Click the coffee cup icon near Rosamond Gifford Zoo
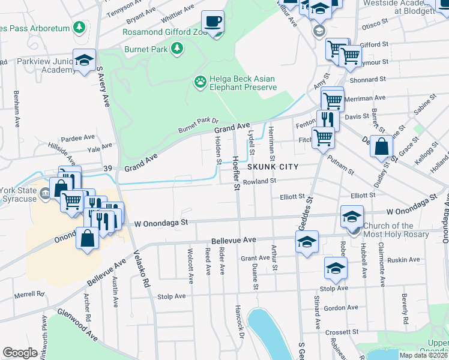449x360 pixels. [x=212, y=23]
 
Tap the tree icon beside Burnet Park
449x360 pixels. [x=177, y=47]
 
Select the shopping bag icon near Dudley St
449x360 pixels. [x=382, y=146]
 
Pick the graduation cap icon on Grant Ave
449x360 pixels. [x=307, y=242]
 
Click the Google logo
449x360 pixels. [x=20, y=353]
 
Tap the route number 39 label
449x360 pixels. [x=108, y=169]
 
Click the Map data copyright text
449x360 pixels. [x=426, y=355]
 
